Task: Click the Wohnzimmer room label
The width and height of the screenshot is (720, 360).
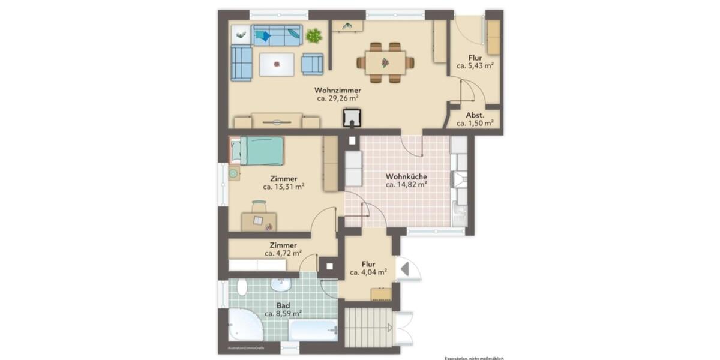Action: [338, 90]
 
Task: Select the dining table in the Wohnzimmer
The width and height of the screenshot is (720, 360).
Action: [385, 62]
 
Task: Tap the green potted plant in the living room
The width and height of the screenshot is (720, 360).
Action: [313, 36]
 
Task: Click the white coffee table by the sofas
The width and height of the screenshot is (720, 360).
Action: [277, 64]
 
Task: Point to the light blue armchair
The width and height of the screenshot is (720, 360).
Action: [312, 64]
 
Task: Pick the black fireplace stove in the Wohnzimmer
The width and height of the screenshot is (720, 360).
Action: [352, 118]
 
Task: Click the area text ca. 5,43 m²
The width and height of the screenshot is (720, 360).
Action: [475, 67]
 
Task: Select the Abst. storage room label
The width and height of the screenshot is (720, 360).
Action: [475, 114]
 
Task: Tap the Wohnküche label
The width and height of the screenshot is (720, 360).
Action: [406, 177]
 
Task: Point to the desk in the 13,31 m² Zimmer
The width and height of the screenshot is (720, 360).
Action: [259, 221]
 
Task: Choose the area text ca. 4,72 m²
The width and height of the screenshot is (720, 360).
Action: [283, 254]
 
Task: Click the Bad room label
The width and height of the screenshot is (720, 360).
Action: [283, 305]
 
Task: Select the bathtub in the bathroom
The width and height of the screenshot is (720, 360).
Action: [313, 329]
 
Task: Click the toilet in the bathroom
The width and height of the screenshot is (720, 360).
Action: [242, 287]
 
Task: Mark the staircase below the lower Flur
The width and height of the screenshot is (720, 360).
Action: [368, 327]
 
